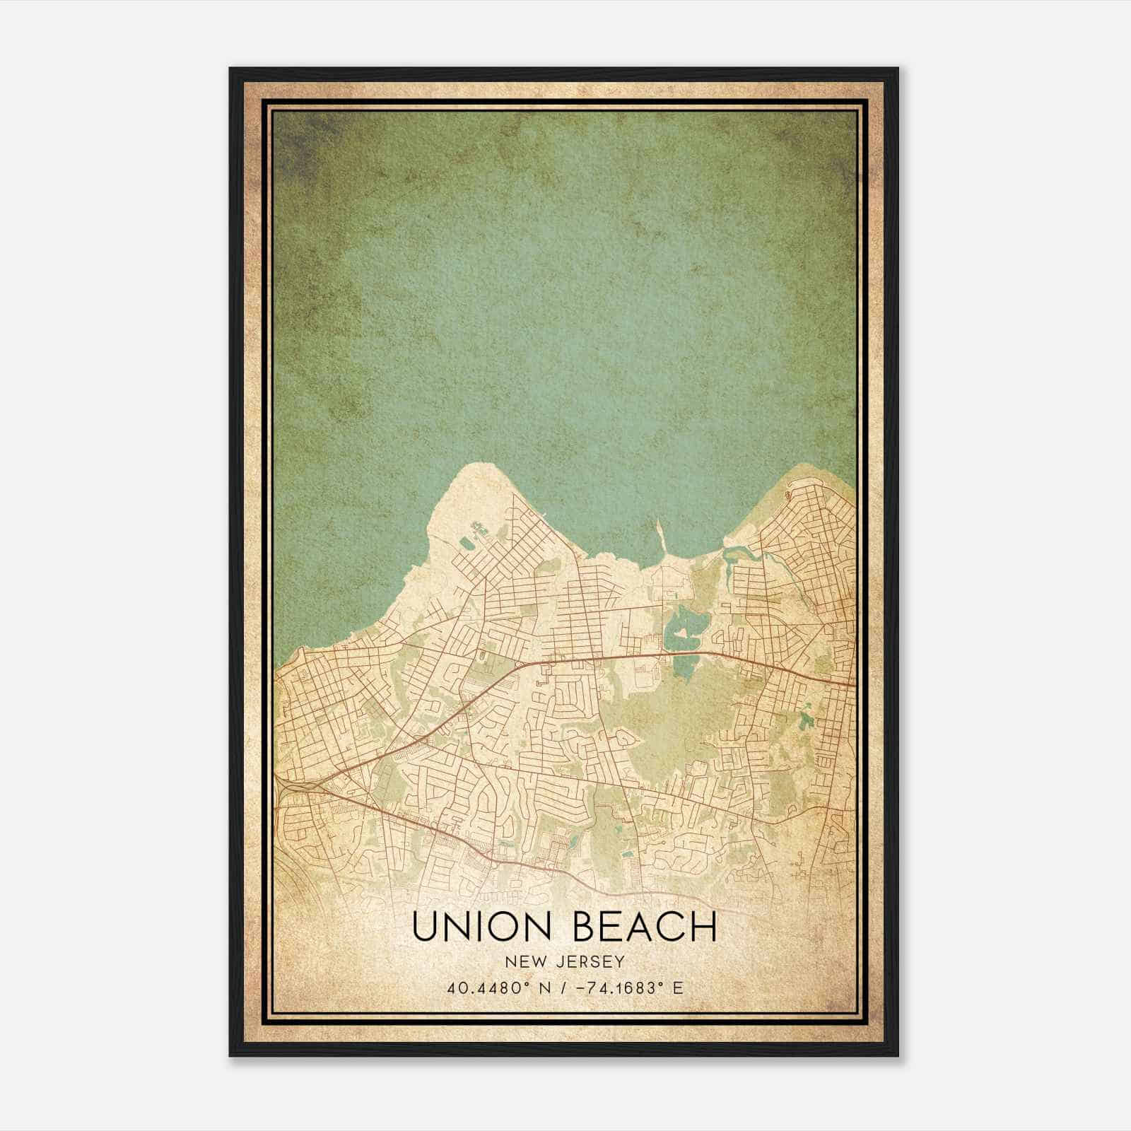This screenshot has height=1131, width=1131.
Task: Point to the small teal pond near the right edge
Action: click(807, 721)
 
